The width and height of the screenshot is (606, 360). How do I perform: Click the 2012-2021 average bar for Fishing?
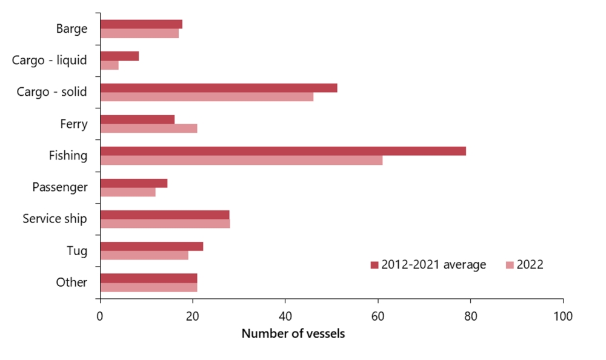pyautogui.click(x=283, y=151)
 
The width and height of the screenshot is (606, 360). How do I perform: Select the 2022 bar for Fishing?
pyautogui.click(x=241, y=160)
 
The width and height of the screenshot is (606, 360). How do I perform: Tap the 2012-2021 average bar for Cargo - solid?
pyautogui.click(x=218, y=88)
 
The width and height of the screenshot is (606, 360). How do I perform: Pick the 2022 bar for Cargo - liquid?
pyautogui.click(x=109, y=65)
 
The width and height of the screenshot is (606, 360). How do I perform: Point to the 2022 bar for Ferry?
pyautogui.click(x=148, y=128)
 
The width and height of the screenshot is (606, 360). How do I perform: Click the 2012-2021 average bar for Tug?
pyautogui.click(x=151, y=246)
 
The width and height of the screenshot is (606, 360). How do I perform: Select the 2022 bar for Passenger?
pyautogui.click(x=127, y=192)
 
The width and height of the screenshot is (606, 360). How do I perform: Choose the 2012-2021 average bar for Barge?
pyautogui.click(x=141, y=24)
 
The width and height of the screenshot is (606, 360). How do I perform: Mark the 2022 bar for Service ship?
pyautogui.click(x=165, y=224)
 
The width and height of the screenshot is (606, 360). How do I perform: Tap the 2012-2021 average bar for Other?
pyautogui.click(x=148, y=278)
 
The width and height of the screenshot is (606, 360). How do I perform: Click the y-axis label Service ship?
pyautogui.click(x=55, y=219)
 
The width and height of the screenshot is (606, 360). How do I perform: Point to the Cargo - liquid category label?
pyautogui.click(x=50, y=60)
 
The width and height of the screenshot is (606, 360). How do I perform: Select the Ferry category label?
pyautogui.click(x=74, y=124)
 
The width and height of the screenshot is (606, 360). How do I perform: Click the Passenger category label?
pyautogui.click(x=60, y=187)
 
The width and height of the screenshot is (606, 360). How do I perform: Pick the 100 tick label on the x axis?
pyautogui.click(x=563, y=316)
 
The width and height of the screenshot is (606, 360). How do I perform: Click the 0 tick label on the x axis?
pyautogui.click(x=100, y=316)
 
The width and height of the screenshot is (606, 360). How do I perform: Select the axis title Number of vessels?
pyautogui.click(x=293, y=334)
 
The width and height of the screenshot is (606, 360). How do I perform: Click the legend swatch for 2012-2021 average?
pyautogui.click(x=374, y=265)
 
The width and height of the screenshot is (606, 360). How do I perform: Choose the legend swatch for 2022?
pyautogui.click(x=510, y=265)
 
